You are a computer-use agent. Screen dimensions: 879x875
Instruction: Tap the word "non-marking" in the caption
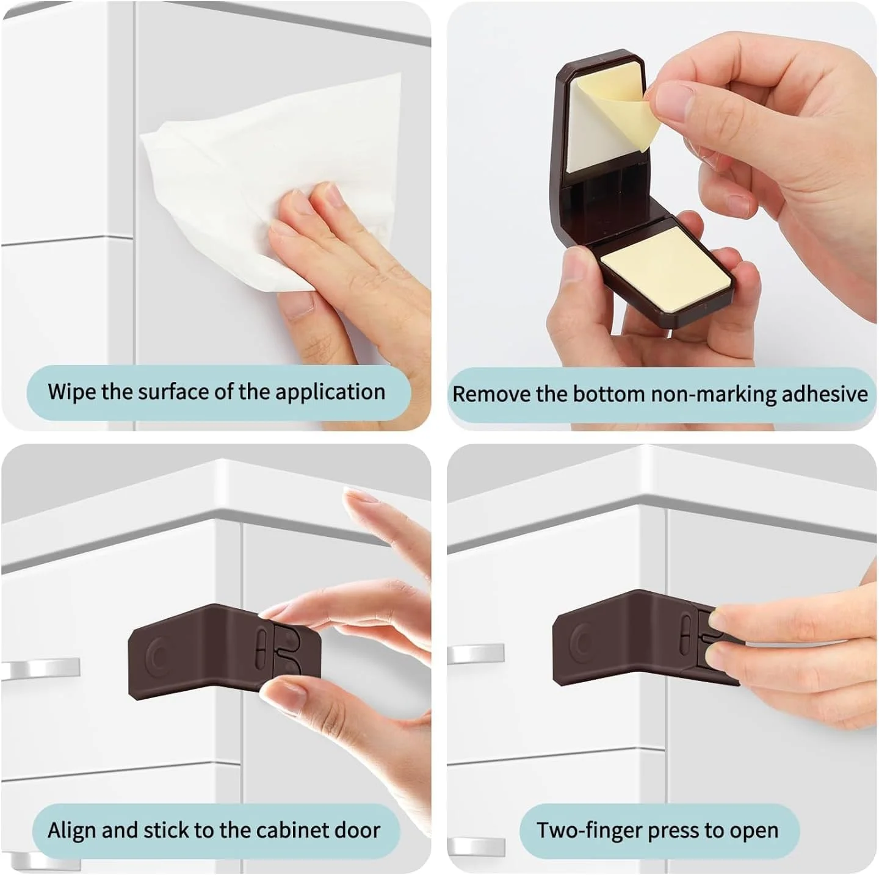(714, 394)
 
